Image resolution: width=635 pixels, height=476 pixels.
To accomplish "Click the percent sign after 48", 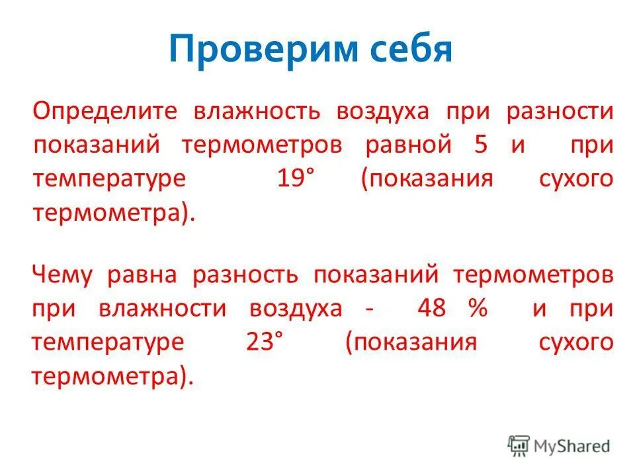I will click(476, 309).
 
